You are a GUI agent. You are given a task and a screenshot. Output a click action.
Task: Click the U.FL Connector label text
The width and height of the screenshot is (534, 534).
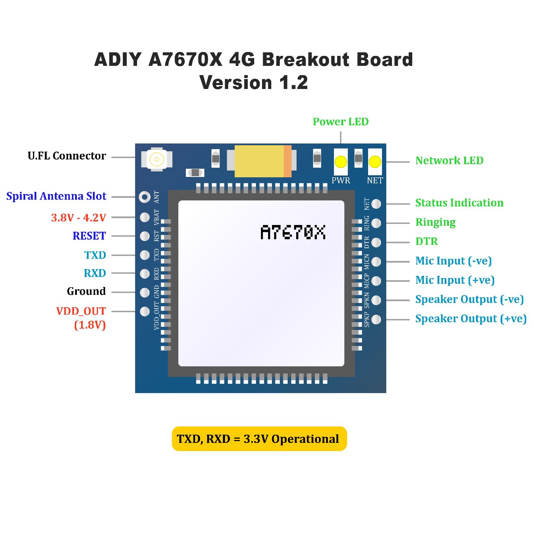(x=67, y=156)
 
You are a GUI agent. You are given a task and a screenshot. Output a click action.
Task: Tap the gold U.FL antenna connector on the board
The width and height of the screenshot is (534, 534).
(x=157, y=159)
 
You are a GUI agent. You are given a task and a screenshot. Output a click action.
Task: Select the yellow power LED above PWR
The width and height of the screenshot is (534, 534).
(x=341, y=162)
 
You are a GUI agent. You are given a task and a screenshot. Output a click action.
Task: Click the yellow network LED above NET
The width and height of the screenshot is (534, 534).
(x=375, y=162)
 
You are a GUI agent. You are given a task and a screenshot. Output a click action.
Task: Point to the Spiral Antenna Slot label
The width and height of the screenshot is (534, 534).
(x=56, y=196)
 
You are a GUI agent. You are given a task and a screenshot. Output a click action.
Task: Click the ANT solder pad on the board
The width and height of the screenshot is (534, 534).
(x=145, y=197)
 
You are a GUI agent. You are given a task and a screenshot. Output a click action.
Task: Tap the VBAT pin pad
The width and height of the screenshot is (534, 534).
(x=145, y=217)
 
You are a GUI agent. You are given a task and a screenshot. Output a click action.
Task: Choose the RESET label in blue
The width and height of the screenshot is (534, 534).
(x=89, y=236)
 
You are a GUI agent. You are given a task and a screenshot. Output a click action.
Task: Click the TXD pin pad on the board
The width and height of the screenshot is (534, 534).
(x=145, y=255)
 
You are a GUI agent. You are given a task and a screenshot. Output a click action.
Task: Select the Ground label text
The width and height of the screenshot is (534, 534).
(x=87, y=291)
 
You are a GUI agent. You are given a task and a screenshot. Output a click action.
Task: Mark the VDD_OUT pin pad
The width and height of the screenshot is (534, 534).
(x=145, y=311)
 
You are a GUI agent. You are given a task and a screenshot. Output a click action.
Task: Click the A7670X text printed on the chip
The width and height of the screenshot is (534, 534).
(x=293, y=232)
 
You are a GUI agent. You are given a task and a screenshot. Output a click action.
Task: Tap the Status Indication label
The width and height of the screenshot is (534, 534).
(x=459, y=203)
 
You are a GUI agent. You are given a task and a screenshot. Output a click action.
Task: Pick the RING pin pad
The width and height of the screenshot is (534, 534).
(x=376, y=223)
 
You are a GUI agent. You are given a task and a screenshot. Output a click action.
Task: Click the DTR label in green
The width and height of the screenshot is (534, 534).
(x=426, y=241)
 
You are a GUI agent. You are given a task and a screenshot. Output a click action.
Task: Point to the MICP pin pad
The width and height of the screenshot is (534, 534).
(x=376, y=281)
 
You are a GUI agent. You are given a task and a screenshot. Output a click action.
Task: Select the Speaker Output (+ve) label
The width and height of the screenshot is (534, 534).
(x=471, y=319)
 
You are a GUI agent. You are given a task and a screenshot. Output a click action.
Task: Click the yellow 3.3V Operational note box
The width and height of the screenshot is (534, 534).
(x=259, y=439)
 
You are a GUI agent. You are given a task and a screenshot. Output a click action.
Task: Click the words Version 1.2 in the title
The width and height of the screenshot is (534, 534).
(x=253, y=83)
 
